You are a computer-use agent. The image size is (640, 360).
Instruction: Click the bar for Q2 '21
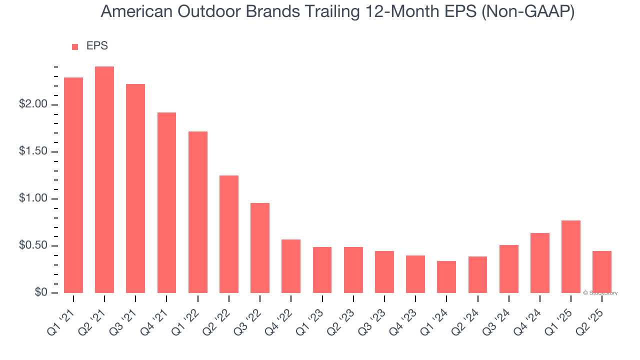click(x=104, y=180)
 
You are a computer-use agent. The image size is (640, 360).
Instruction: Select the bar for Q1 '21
click(x=73, y=185)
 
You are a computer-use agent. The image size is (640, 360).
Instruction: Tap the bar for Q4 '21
click(x=166, y=202)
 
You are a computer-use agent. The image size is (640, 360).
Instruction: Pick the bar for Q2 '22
click(x=229, y=234)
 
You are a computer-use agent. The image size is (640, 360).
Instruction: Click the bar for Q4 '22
click(x=291, y=266)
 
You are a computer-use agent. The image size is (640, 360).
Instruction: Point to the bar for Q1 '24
click(x=446, y=277)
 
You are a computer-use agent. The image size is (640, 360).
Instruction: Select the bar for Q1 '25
click(x=571, y=256)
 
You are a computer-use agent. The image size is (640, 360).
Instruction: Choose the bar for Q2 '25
click(x=602, y=272)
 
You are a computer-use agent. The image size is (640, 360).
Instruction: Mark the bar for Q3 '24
click(x=509, y=269)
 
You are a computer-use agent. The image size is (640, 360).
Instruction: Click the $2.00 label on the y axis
click(x=33, y=105)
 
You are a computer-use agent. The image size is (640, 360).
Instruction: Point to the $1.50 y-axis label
click(x=33, y=152)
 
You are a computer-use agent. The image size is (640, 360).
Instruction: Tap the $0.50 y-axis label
click(x=33, y=246)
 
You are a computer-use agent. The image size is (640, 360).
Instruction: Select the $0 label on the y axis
click(x=41, y=293)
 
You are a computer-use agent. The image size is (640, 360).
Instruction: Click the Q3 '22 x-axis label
click(x=249, y=315)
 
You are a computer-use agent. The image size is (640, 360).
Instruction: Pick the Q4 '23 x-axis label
click(x=405, y=315)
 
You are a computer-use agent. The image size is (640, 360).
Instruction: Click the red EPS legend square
click(x=75, y=47)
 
